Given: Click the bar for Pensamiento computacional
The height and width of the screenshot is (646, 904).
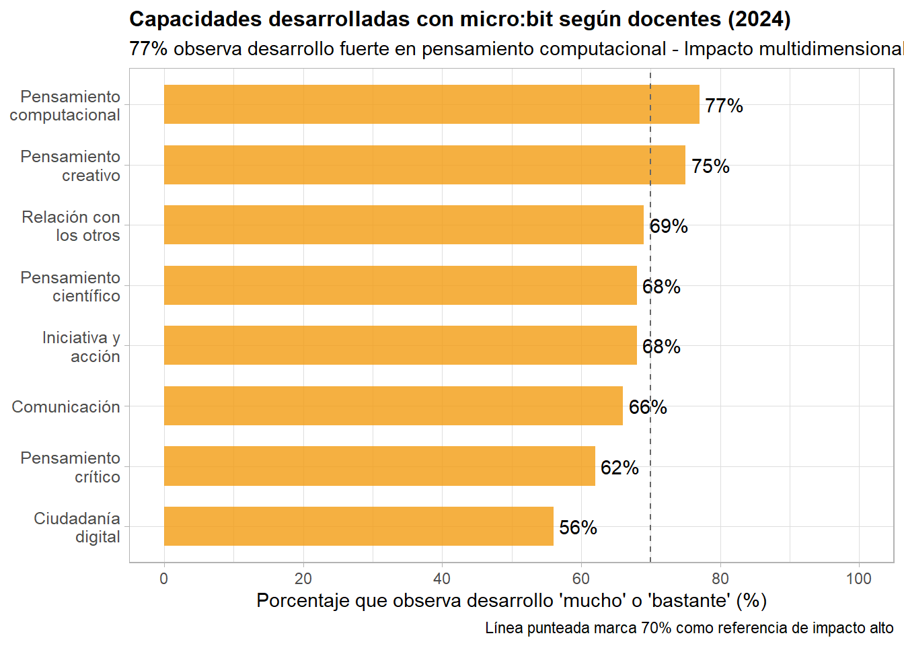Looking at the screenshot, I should coord(431,104).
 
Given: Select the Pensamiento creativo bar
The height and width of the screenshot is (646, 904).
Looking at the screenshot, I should coord(424,165).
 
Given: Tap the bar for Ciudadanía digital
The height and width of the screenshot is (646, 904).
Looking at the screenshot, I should coord(359,526).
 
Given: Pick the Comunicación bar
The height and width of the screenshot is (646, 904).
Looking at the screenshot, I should coord(393,406).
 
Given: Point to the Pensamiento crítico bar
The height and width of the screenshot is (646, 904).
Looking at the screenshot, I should coord(379,466).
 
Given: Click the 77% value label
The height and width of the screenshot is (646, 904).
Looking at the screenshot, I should coord(724,106).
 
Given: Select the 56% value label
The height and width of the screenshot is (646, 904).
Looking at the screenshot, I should coord(578,528).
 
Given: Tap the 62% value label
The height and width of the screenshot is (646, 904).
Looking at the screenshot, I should coord(619,468).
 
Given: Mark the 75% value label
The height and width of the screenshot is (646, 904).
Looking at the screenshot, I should coord(710,166).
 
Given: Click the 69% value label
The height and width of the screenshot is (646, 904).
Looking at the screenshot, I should coord(669,226).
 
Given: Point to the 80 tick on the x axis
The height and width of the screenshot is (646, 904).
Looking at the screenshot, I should coord(720,579).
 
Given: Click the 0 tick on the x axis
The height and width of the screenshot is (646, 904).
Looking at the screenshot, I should coord(164,579).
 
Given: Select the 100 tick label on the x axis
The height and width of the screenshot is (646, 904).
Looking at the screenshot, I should coord(859,579).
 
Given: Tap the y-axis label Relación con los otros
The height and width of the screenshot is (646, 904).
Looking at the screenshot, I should coord(71,226).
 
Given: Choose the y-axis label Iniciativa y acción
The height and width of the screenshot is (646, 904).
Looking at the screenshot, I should coord(81,347).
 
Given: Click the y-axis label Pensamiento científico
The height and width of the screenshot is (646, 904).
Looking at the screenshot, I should coord(71,287).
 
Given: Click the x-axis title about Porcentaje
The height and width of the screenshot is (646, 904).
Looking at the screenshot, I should coord(511,600).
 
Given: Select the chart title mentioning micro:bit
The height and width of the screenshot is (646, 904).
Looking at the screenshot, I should coord(459,20).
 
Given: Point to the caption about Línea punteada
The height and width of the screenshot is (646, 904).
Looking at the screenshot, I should coord(689,628).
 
